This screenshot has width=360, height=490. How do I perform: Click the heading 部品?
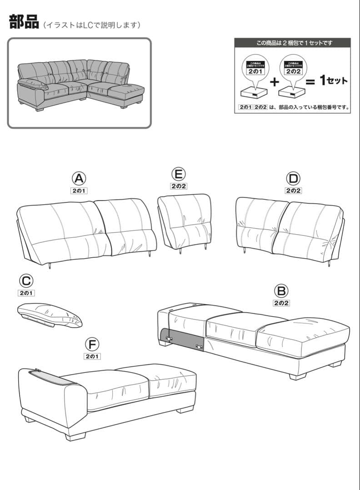[24, 22]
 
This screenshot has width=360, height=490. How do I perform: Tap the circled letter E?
[179, 174]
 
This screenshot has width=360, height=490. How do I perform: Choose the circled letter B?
[281, 290]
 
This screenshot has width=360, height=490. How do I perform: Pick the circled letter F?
[92, 344]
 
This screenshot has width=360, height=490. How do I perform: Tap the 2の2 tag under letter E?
[179, 186]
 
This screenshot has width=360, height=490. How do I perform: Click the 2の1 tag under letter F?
[92, 357]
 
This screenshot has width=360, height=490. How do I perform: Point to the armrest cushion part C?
[50, 315]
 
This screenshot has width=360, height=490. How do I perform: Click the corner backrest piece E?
[184, 220]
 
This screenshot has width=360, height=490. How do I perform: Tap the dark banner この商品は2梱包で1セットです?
[292, 43]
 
